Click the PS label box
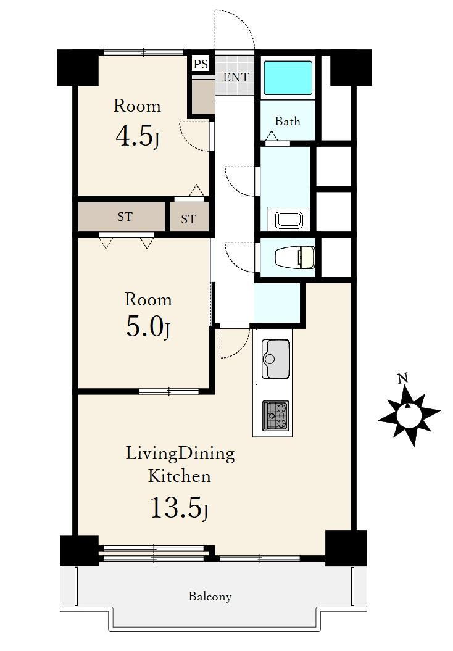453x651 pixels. pos(201,64)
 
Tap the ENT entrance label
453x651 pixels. pos(236,77)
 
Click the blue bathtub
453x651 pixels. pos(288,77)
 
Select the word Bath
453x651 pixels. pos(288,121)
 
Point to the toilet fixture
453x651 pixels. pos(295,257)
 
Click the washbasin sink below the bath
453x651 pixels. pos(288,220)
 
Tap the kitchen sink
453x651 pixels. pos(276,359)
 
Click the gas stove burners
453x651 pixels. pos(276,416)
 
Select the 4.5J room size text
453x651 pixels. pos(138,136)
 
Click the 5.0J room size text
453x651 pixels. pos(148,328)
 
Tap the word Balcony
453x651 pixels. pos(210,597)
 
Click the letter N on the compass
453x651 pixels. pos(402,378)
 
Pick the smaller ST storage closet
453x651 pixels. pos(189,218)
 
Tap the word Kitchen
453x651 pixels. pos(180,476)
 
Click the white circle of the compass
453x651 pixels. pos(409,414)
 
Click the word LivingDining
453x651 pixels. pos(180,454)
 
